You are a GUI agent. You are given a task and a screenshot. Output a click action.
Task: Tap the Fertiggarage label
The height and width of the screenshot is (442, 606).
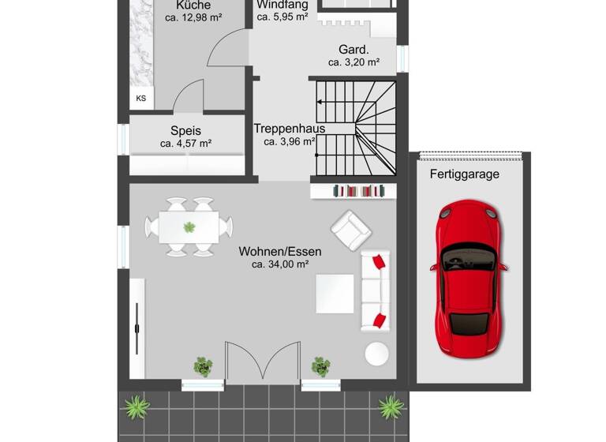pos(465,174)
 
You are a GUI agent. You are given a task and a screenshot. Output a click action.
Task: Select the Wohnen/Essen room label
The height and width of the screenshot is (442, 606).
pos(280,252)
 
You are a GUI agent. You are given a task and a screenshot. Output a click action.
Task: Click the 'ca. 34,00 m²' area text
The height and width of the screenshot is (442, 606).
pos(280,265)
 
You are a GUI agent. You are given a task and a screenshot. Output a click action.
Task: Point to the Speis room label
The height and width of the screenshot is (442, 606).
pos(185,131)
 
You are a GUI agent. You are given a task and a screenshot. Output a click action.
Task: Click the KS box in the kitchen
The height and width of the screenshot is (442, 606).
pos(141,99)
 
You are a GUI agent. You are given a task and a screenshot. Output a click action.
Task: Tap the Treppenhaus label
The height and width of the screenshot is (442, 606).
pos(290,129)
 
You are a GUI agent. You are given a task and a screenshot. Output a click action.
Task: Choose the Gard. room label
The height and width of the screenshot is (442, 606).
pos(354,47)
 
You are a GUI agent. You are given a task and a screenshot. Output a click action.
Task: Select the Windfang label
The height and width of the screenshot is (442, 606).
pos(282,4)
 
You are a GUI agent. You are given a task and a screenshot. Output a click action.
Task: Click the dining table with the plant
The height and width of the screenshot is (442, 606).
pos(189,227)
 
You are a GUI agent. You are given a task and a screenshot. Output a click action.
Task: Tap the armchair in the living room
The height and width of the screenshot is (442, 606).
pos(350,230)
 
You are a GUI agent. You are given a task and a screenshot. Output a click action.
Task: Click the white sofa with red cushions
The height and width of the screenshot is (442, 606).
pos(376,290)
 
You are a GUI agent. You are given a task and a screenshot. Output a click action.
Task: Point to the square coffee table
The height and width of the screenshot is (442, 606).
pos(335,293)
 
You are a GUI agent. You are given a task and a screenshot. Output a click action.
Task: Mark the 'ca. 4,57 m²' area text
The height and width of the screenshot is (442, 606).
pos(185,144)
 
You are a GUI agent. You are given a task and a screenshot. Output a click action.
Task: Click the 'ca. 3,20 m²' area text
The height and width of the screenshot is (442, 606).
pos(354,62)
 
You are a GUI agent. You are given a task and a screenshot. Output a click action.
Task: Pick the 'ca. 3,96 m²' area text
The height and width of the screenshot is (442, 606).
pos(290,142)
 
